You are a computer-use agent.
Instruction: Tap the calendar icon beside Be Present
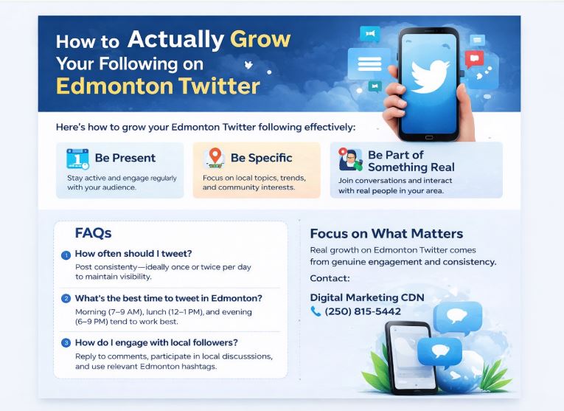pyautogui.click(x=77, y=158)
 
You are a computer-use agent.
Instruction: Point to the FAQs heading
pyautogui.click(x=93, y=233)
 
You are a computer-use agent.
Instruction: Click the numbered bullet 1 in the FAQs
pyautogui.click(x=66, y=255)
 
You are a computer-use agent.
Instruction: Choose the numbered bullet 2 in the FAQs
pyautogui.click(x=66, y=299)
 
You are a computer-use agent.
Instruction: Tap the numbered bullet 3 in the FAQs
pyautogui.click(x=66, y=342)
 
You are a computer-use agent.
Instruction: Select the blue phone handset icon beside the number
pyautogui.click(x=316, y=312)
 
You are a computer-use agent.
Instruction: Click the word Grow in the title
pyautogui.click(x=260, y=38)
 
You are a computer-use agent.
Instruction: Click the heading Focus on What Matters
pyautogui.click(x=386, y=234)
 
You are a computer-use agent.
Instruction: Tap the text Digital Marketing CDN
pyautogui.click(x=366, y=297)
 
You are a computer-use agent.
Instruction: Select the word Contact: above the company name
pyautogui.click(x=330, y=278)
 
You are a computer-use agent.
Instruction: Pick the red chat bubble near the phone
pyautogui.click(x=474, y=58)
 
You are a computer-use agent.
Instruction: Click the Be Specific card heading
pyautogui.click(x=261, y=158)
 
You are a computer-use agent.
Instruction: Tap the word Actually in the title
pyautogui.click(x=175, y=38)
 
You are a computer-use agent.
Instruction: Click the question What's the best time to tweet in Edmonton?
pyautogui.click(x=168, y=298)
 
